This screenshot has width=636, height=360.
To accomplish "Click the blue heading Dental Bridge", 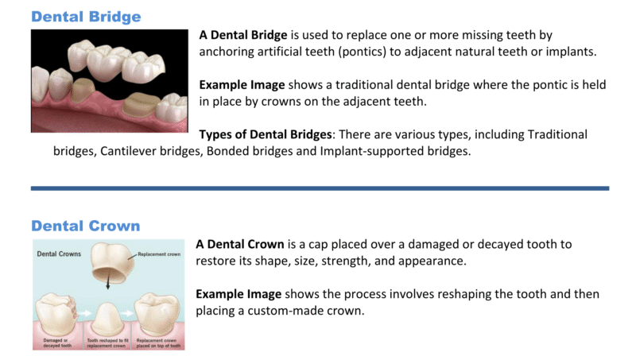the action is point(86,17).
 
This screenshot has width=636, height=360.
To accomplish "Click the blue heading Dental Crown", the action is point(86,226).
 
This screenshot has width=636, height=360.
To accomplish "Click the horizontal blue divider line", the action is point(320,188).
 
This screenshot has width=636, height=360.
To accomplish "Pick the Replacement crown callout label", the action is point(159,254).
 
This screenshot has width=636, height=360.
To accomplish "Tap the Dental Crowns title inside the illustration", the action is point(59,254).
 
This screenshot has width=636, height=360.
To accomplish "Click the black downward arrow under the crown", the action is point(107,280).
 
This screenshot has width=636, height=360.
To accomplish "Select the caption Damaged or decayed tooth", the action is point(56,343).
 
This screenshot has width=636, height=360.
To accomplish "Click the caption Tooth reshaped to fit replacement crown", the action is point(107,343).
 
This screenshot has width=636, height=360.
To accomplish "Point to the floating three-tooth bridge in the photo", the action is point(115,61).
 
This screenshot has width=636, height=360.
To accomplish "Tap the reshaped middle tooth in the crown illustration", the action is point(107,319).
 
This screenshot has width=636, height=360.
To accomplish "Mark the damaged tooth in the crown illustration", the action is point(56,315).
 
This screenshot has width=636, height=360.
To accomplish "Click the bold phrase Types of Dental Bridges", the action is point(266,134).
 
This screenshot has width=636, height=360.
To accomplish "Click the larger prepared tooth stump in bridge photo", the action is point(139,105).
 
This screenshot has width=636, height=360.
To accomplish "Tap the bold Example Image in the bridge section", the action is point(242,85).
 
